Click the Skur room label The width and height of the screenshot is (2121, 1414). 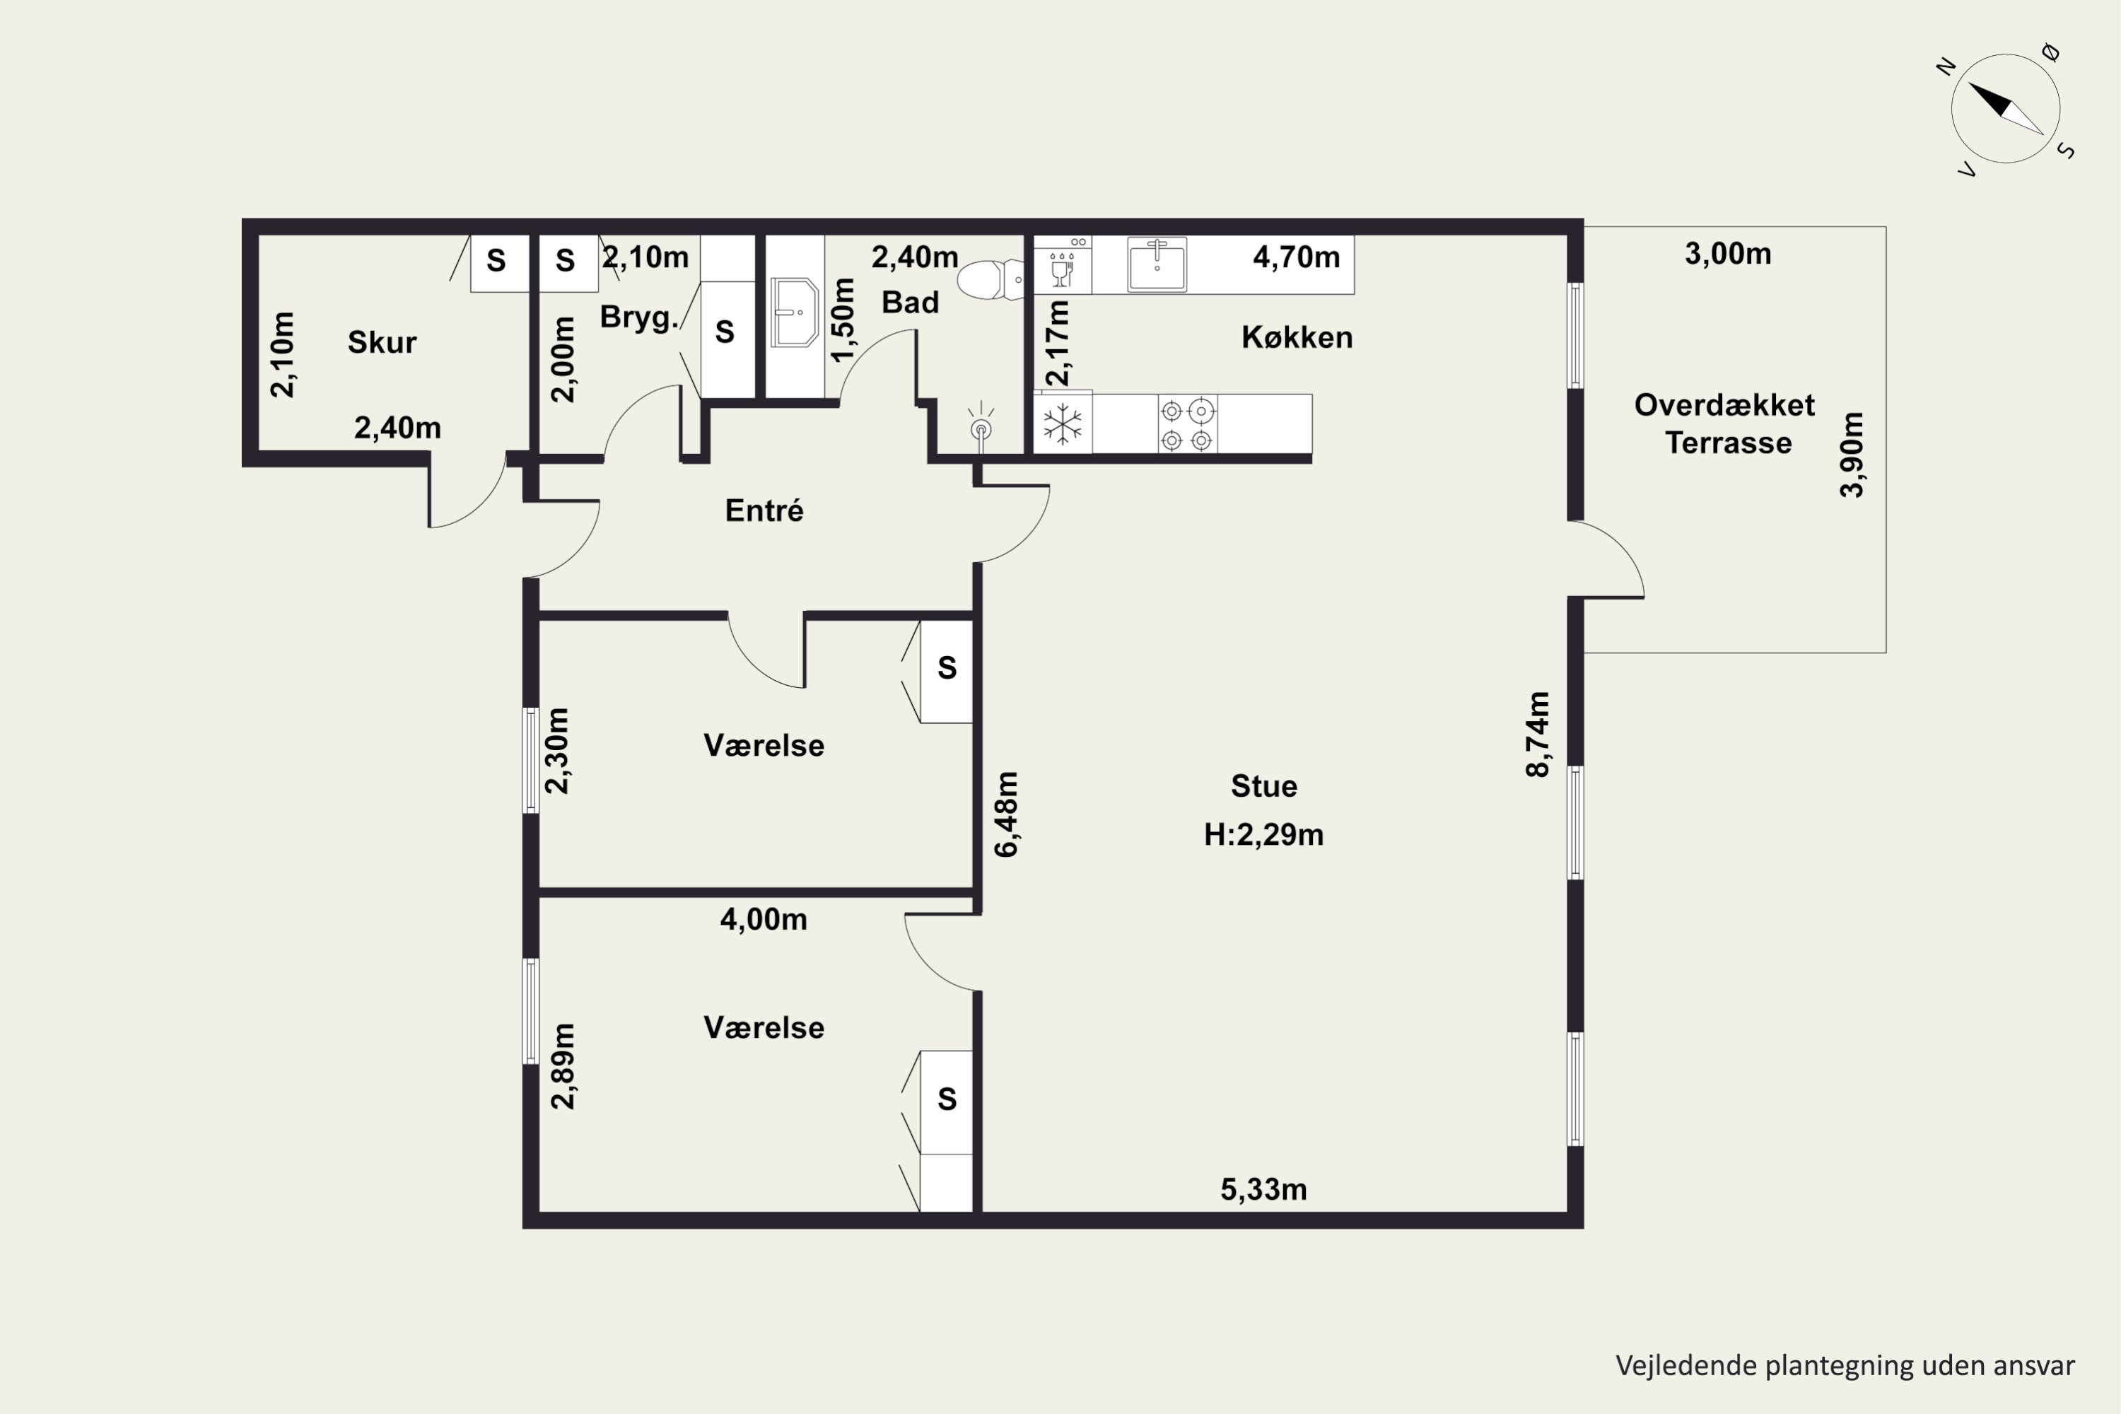point(382,343)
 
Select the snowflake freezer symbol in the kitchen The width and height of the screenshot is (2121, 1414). point(1063,423)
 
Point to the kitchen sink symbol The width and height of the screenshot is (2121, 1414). point(1157,264)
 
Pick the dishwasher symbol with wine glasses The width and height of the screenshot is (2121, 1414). point(1063,264)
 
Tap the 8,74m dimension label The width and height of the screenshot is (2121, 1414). point(1538,734)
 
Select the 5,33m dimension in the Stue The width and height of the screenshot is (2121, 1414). point(1263,1189)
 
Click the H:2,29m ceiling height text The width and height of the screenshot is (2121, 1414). point(1263,835)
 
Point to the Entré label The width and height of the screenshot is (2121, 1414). point(764,510)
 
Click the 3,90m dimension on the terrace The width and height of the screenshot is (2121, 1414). point(1852,455)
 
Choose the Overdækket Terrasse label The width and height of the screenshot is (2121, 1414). point(1725,423)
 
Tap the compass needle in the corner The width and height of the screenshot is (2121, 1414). point(2006,108)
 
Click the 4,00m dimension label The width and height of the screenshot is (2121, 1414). point(764,920)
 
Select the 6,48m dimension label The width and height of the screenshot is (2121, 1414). point(1005,814)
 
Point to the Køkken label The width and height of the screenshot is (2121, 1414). point(1297,337)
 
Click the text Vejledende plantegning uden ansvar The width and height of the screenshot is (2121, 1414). point(1845,1365)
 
